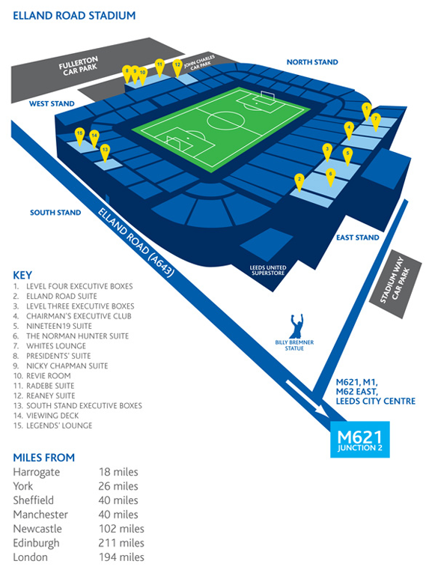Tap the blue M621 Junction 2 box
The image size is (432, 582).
tap(359, 439)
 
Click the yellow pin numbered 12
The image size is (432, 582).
tap(177, 68)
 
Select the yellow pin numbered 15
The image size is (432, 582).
tap(79, 136)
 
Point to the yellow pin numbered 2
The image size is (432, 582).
tap(299, 183)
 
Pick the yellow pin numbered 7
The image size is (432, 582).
tap(376, 122)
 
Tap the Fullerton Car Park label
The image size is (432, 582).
tap(79, 66)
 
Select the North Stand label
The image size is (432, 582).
tap(312, 62)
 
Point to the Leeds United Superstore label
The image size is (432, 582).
tap(268, 270)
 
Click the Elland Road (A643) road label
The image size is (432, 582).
tap(136, 243)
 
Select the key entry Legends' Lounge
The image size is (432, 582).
tap(52, 425)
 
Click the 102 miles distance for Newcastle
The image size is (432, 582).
tap(121, 529)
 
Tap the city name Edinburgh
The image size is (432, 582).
tap(36, 543)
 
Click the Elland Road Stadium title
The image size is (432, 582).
tap(74, 16)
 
